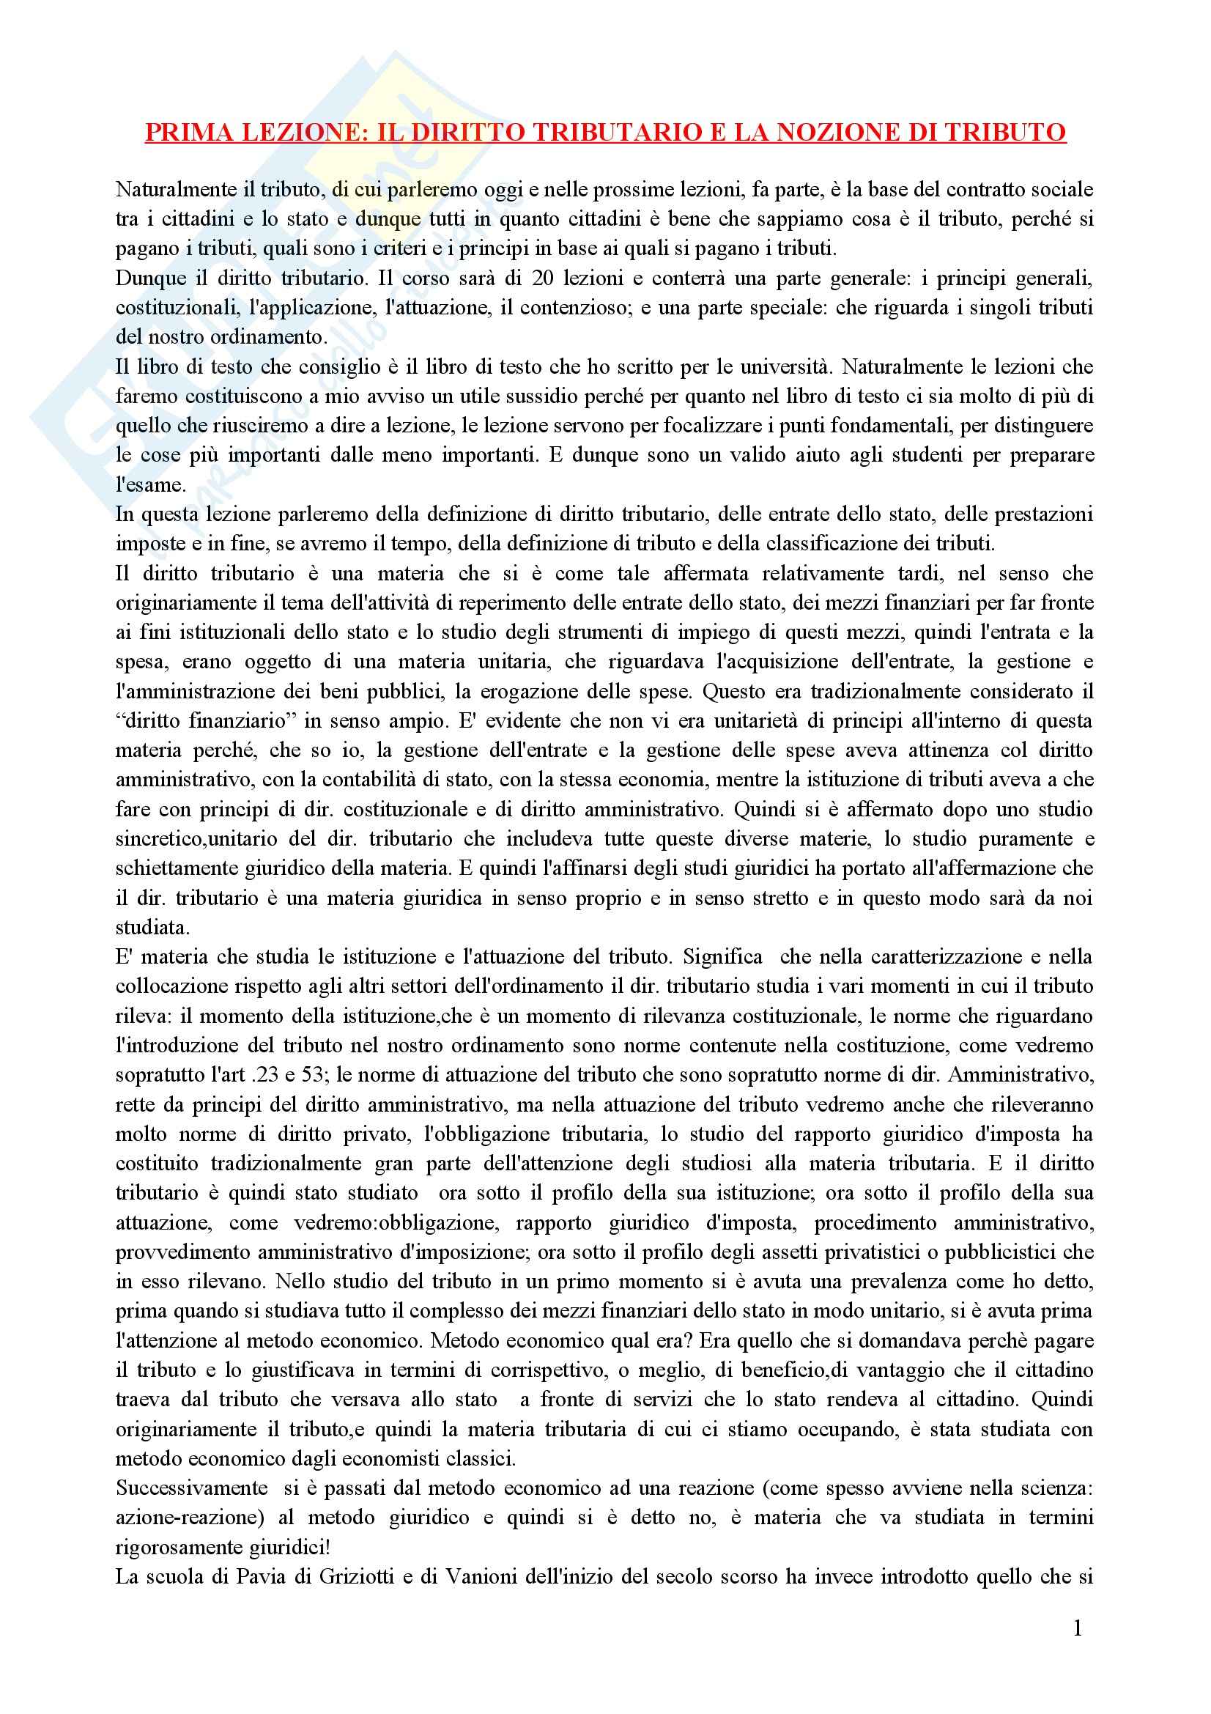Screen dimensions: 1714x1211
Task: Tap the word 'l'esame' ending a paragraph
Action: coord(150,485)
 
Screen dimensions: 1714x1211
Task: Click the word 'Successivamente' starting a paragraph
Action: coord(192,1488)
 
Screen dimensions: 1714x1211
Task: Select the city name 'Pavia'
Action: coord(239,1577)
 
